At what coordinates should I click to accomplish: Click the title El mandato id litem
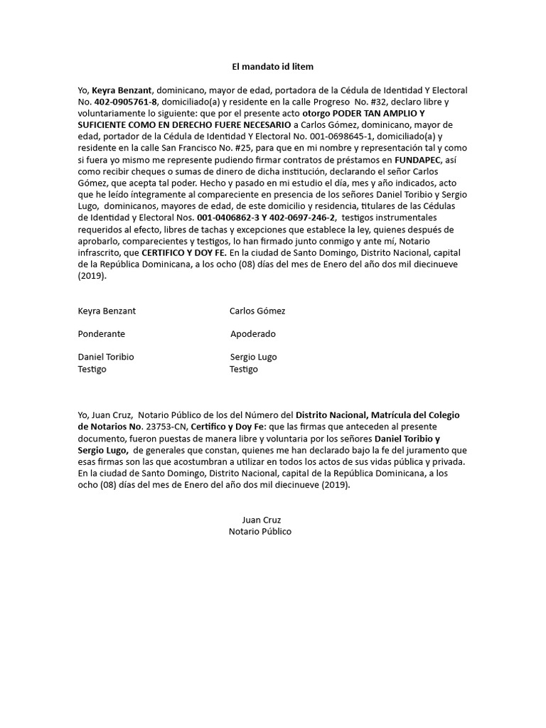click(x=272, y=67)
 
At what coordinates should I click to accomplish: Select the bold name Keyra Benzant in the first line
click(x=122, y=91)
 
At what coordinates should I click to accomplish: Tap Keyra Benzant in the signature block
click(x=107, y=311)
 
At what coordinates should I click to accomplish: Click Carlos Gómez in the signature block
click(x=257, y=311)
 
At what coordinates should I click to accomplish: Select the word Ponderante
click(x=101, y=334)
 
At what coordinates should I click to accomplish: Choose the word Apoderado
click(x=253, y=334)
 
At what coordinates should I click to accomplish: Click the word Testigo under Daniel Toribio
click(x=92, y=370)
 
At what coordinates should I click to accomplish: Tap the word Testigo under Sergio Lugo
click(x=244, y=370)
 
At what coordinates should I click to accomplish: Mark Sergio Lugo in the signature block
click(x=253, y=357)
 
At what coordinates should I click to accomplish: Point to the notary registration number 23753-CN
click(x=166, y=427)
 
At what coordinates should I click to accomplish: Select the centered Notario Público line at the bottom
click(x=260, y=532)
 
